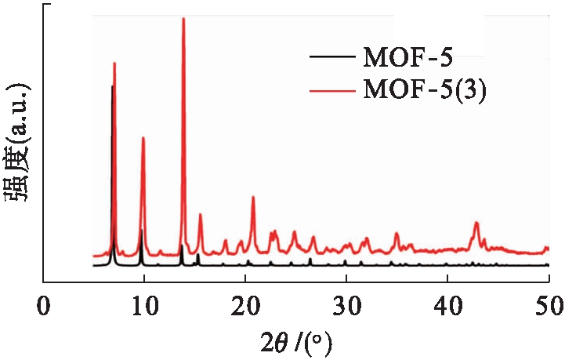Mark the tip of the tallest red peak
(183, 18)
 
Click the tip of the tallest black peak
(113, 85)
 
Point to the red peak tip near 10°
(143, 137)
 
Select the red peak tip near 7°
(115, 63)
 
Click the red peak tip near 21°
(253, 197)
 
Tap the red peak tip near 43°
(476, 223)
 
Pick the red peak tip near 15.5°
(200, 214)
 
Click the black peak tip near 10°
(141, 230)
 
